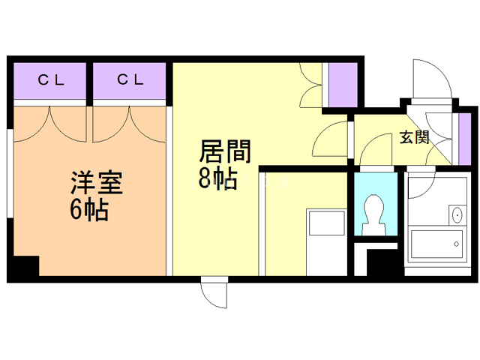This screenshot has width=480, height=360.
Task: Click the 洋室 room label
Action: pos(97,184)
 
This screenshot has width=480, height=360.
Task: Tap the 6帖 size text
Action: pos(89,211)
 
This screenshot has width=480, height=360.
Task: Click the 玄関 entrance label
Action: pos(413,137)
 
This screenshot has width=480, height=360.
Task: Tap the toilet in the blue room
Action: pos(373,214)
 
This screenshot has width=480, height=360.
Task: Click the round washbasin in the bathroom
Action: pos(457,215)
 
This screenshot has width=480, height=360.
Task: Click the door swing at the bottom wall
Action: pos(214,293)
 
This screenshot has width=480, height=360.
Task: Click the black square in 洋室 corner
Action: pos(26,265)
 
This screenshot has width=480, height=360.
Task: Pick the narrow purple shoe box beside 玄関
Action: pos(463,136)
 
